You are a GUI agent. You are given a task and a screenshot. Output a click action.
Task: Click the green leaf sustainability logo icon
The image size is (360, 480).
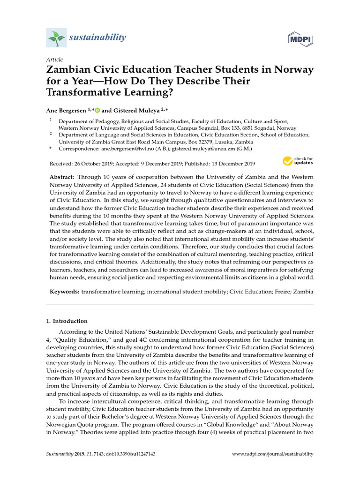tap(56, 37)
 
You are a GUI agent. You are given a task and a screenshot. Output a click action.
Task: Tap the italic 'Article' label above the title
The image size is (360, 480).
tap(54, 60)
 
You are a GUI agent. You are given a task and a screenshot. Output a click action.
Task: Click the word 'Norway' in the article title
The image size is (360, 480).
tap(290, 70)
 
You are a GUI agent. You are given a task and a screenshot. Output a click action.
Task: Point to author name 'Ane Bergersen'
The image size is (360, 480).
tap(65, 110)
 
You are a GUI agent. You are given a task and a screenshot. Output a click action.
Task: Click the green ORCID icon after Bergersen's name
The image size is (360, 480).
tap(97, 110)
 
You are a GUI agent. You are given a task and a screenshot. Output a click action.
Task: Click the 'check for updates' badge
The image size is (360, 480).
tap(298, 161)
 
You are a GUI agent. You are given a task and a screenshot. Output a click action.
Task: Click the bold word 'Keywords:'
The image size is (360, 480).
tap(64, 292)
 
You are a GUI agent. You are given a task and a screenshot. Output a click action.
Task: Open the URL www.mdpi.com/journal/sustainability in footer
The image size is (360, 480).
tap(273, 454)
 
